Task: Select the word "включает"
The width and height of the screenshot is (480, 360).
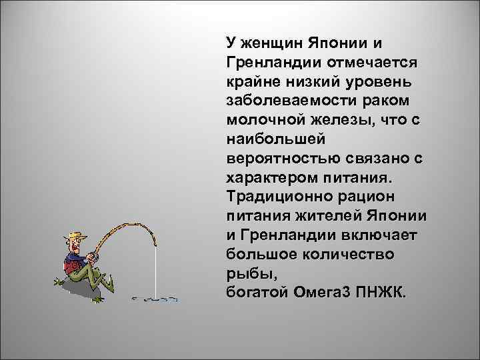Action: click(383, 236)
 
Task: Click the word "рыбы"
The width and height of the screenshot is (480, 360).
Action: click(247, 274)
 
